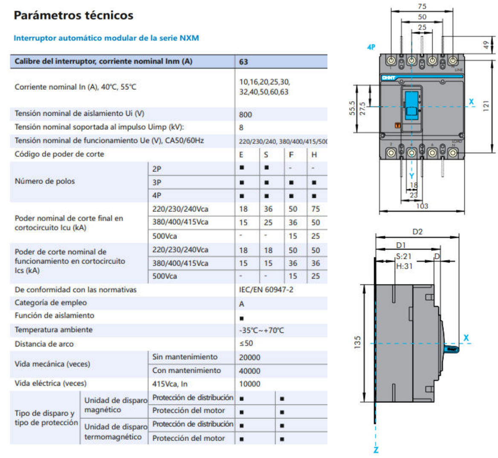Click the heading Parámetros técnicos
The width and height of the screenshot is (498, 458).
click(73, 15)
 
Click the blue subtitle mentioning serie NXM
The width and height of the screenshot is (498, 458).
click(106, 38)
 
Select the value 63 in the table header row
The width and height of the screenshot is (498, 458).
click(243, 62)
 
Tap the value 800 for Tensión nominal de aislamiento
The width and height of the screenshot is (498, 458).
click(245, 114)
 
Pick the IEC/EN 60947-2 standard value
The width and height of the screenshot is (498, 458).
click(266, 290)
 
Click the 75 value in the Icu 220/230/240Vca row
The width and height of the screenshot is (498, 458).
click(315, 209)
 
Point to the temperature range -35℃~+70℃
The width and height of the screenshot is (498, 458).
click(261, 330)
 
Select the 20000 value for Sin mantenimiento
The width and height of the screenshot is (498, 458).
click(249, 358)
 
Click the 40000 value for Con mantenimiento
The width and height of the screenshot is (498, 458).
click(249, 371)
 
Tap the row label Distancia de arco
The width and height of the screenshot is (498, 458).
click(44, 344)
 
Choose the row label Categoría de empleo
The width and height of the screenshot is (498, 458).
click(50, 303)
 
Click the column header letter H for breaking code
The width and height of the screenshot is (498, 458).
click(314, 155)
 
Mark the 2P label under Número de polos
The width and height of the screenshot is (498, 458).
click(157, 169)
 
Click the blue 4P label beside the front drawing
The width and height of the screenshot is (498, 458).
click(371, 47)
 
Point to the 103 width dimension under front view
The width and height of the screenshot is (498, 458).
click(422, 206)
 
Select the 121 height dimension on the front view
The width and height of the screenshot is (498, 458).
click(486, 106)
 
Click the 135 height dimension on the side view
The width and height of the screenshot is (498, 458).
click(357, 342)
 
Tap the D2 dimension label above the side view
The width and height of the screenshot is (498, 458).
click(417, 232)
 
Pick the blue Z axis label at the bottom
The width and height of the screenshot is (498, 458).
click(376, 450)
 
